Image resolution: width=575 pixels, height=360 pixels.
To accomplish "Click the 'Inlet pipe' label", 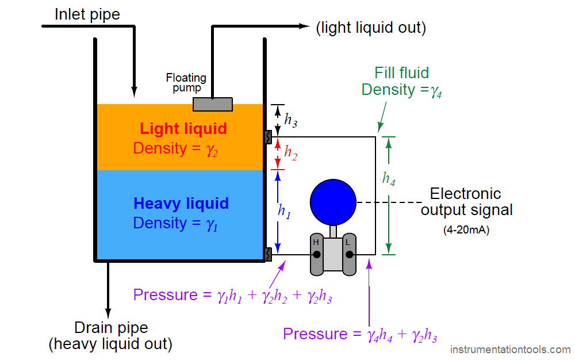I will (x=87, y=14).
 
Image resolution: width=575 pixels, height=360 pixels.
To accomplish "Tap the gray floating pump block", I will (x=212, y=104).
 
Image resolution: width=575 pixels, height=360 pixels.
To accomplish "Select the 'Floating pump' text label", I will (x=186, y=82).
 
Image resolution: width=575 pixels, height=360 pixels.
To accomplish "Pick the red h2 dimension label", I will (x=291, y=152).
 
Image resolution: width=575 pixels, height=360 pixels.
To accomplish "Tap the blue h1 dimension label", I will (x=284, y=211).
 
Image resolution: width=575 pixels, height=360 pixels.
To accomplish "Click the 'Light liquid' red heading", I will (x=183, y=128).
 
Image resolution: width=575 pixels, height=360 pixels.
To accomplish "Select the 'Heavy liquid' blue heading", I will (x=181, y=204).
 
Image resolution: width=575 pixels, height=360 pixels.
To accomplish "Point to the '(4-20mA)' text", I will (x=466, y=230).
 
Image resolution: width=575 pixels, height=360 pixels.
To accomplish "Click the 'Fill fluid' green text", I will (x=402, y=73).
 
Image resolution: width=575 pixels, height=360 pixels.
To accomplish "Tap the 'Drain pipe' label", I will (x=111, y=328).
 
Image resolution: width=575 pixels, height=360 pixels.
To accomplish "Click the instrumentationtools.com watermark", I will (x=510, y=350).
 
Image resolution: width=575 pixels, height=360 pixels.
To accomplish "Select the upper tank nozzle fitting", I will (x=268, y=137).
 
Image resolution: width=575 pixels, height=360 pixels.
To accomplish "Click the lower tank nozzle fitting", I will (x=268, y=254).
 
